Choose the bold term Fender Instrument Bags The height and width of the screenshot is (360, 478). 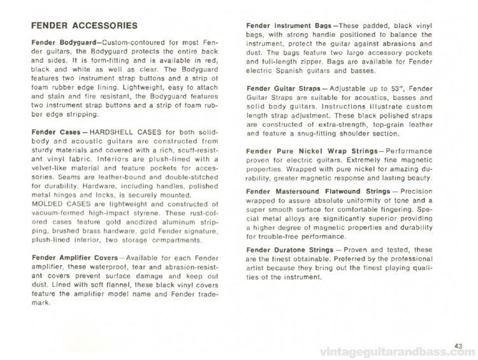click(287, 25)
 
